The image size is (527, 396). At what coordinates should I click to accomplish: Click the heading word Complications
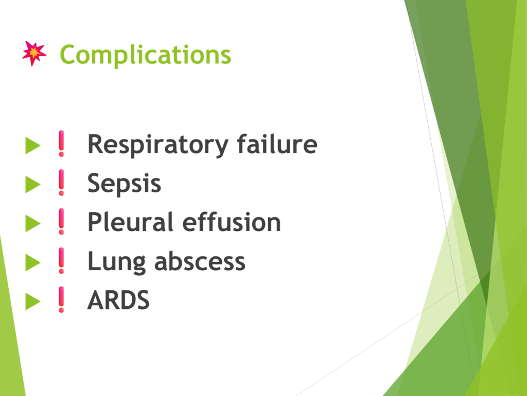pos(145,55)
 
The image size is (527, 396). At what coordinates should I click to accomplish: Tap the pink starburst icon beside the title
pos(34,53)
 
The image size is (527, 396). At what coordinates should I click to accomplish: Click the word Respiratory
pos(158,145)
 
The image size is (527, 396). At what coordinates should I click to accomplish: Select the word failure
pos(277,144)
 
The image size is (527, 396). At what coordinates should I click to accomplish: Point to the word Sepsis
pos(124,184)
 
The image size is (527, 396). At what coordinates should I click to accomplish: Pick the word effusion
pos(232,222)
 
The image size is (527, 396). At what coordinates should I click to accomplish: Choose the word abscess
pos(200,261)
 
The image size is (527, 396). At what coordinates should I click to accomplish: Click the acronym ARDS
pos(118,300)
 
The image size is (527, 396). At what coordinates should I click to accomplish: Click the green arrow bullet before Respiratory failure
pos(33,145)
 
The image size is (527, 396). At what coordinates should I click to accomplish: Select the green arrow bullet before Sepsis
pos(33,185)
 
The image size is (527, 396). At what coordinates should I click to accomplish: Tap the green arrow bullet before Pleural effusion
pos(33,224)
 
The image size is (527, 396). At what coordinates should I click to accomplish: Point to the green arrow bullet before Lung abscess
pos(33,262)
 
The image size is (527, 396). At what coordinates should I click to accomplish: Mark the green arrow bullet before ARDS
pos(33,301)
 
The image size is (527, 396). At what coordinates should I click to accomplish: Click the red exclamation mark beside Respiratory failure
pos(61,143)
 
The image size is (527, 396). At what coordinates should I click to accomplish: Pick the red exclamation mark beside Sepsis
pos(61,183)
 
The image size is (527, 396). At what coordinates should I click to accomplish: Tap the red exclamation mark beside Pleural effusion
pos(61,222)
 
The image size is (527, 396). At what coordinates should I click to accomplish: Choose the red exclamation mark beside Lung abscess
pos(61,260)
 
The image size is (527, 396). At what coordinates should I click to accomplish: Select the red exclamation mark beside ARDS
pos(61,300)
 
